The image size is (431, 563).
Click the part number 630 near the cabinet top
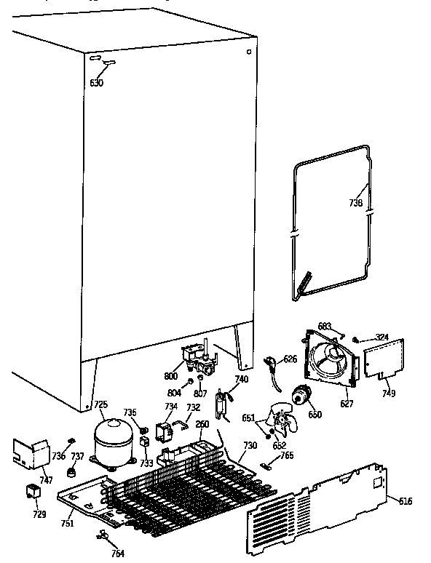point(96,83)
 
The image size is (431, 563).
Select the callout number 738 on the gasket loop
point(355,204)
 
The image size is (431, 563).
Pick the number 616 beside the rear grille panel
point(406,500)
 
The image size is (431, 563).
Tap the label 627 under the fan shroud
point(347,403)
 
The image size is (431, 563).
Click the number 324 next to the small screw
point(381,337)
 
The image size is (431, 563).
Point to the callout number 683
point(325,326)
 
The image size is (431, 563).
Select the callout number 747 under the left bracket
point(46,479)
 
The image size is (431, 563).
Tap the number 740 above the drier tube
point(242,379)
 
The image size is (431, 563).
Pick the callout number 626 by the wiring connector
point(290,359)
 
